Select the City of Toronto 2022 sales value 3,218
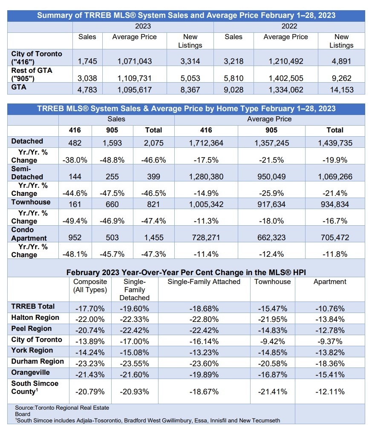tap(234, 61)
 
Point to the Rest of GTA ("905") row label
tap(32, 74)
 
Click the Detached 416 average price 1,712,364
tap(206, 143)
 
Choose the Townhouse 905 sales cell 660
tap(112, 204)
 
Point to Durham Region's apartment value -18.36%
tap(330, 362)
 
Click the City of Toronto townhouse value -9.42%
tap(272, 341)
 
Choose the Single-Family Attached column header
tap(204, 281)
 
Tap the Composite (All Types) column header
tap(90, 286)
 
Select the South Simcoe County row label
tap(35, 387)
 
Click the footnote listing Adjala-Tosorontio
tap(147, 420)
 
